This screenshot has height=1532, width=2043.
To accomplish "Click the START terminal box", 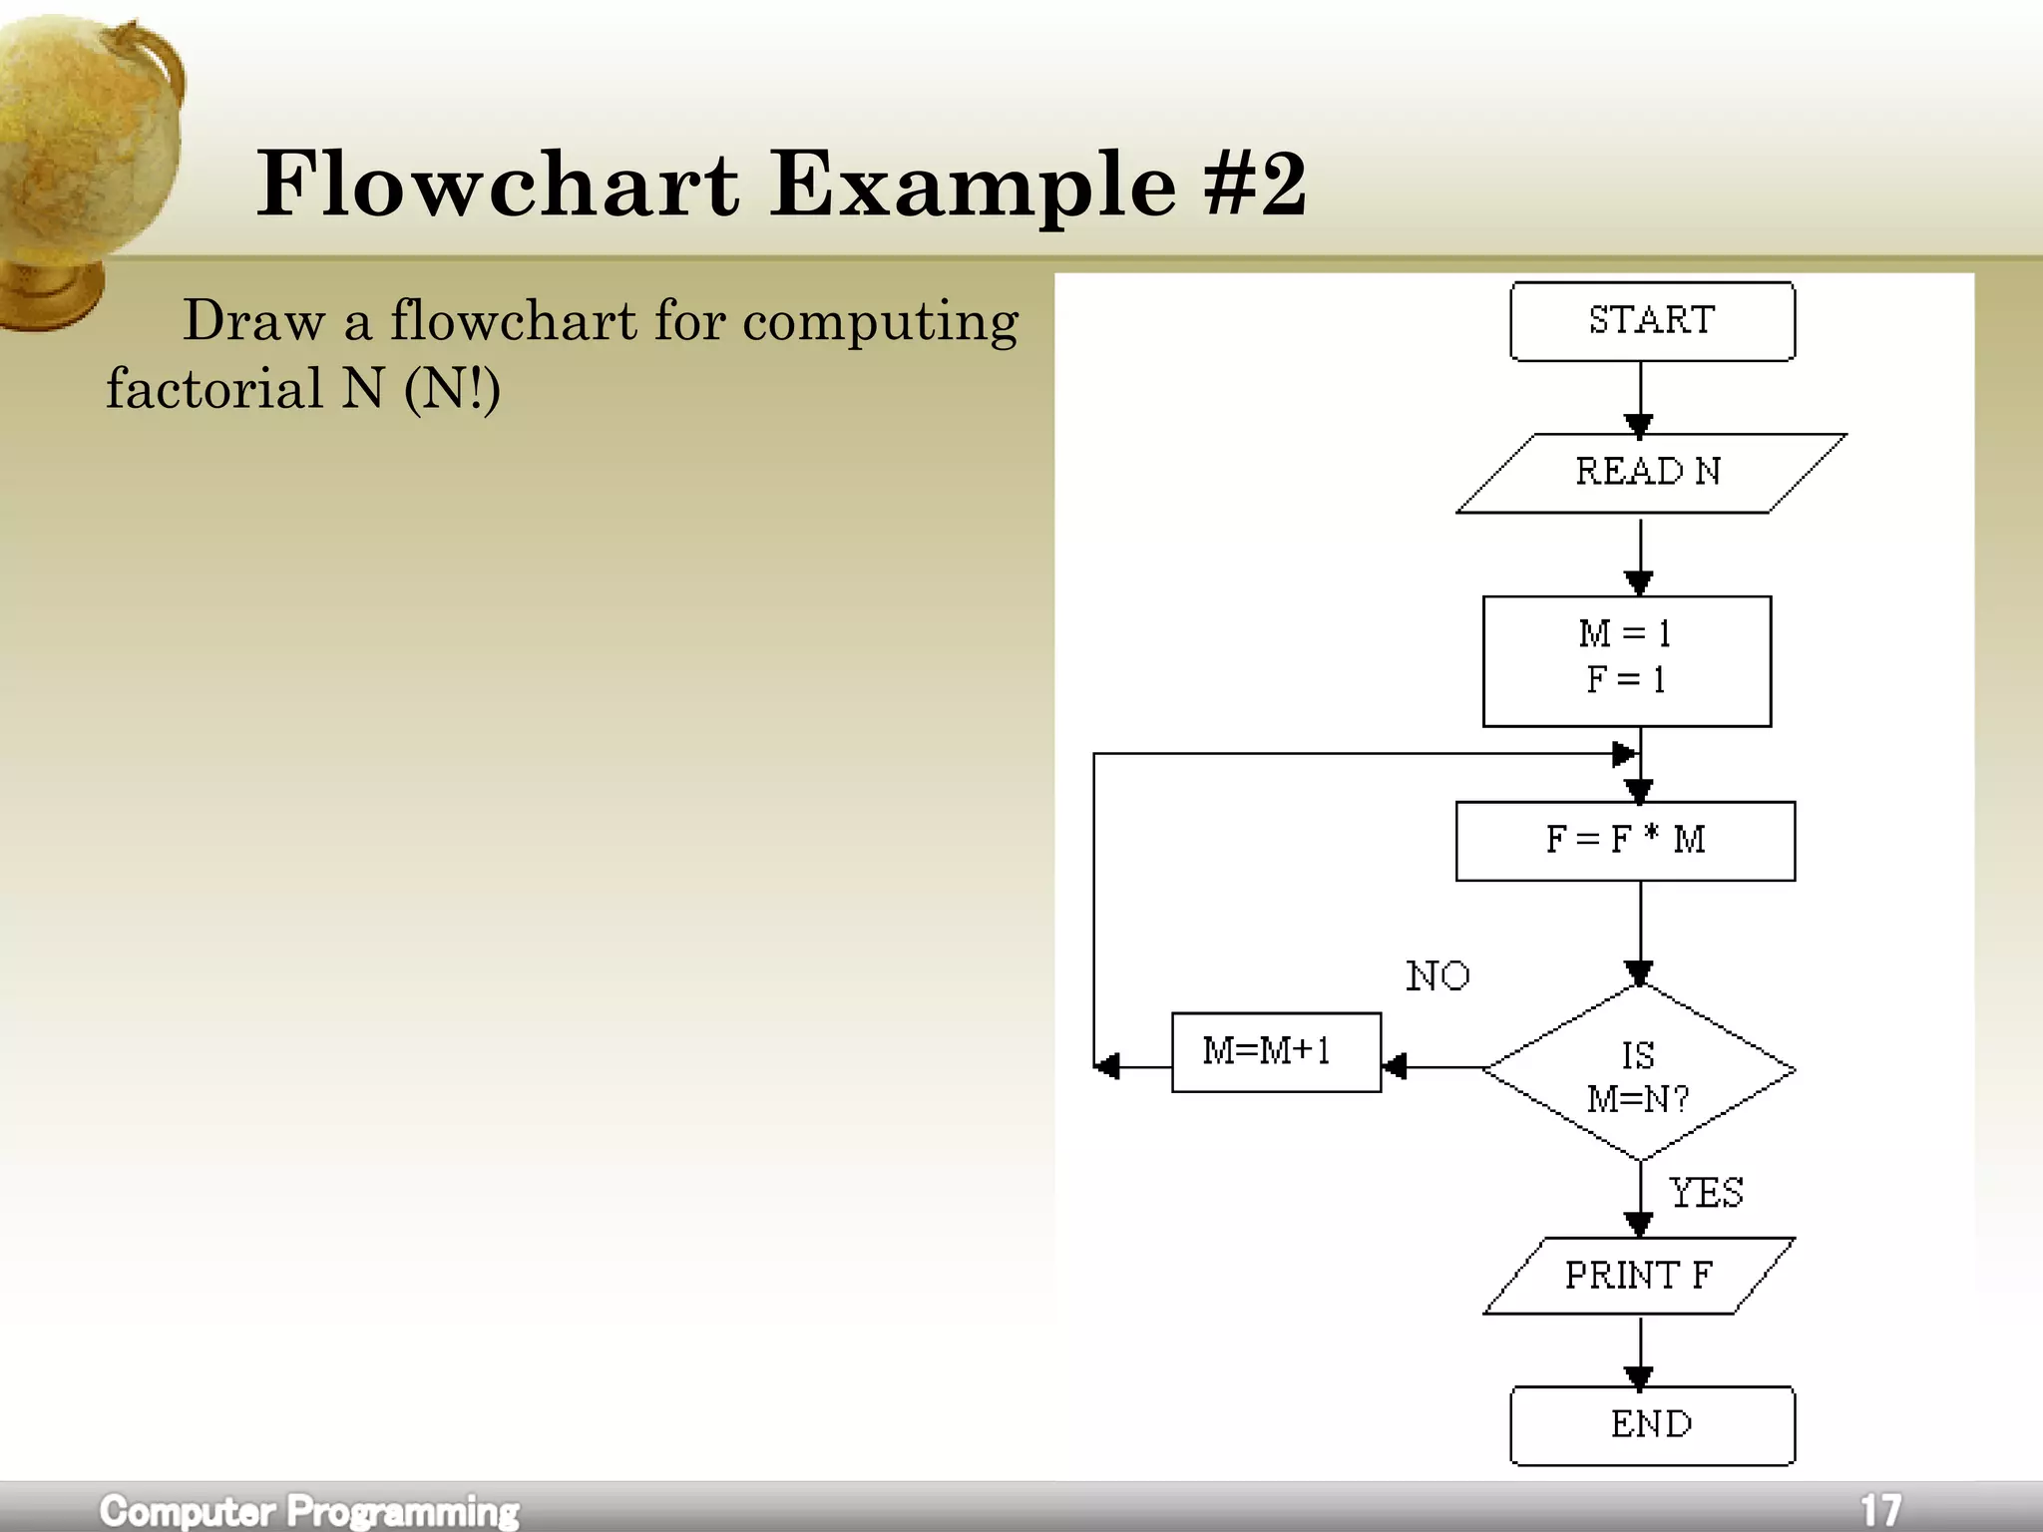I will click(x=1652, y=321).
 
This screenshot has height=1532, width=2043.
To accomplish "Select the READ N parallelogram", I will click(x=1650, y=473).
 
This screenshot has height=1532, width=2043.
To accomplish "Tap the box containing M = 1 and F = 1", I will click(x=1626, y=660).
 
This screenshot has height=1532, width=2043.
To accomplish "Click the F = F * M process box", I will click(x=1625, y=841).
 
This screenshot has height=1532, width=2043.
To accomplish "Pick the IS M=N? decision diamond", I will click(x=1639, y=1073).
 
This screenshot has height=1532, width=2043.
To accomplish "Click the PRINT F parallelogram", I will click(x=1638, y=1276).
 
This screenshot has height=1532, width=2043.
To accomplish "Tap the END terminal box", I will click(x=1652, y=1424).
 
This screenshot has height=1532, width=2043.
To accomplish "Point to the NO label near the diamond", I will click(x=1437, y=976).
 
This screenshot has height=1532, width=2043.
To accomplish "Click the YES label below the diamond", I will click(x=1706, y=1193).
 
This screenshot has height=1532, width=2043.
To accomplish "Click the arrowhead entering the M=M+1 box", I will click(x=1395, y=1067).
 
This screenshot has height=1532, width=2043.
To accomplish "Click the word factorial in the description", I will click(x=214, y=389).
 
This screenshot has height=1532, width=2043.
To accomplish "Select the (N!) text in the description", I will click(x=452, y=389).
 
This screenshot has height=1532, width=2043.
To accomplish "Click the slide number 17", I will click(x=1880, y=1509).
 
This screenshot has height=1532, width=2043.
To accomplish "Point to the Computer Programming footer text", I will click(x=309, y=1510).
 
